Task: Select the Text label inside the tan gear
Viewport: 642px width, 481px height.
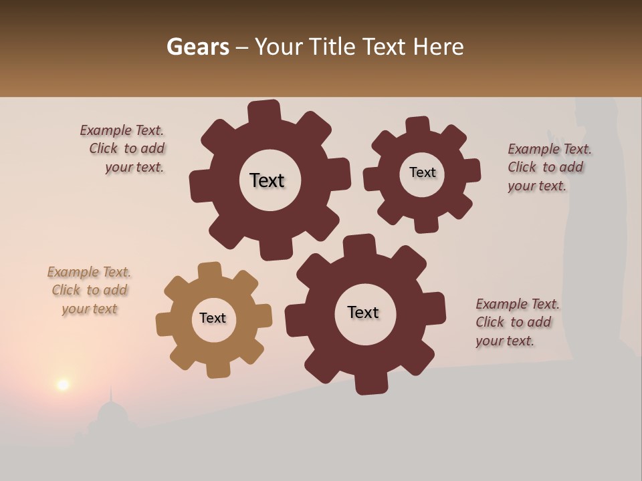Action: point(213,319)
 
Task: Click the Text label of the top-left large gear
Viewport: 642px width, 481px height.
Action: point(267,180)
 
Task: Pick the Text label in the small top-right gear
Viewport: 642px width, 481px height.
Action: point(422,172)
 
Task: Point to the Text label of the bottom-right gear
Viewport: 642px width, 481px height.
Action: point(363,313)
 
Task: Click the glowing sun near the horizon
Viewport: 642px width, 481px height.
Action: point(63,384)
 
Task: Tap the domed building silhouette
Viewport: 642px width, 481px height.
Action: point(112,418)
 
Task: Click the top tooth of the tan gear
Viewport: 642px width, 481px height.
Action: point(209,271)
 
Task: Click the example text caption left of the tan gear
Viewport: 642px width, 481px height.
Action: point(89,291)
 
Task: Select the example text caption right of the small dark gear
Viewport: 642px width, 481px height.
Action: point(548,168)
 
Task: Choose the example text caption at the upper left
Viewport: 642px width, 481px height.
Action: point(124,149)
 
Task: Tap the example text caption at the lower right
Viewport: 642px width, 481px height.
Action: point(516,323)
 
